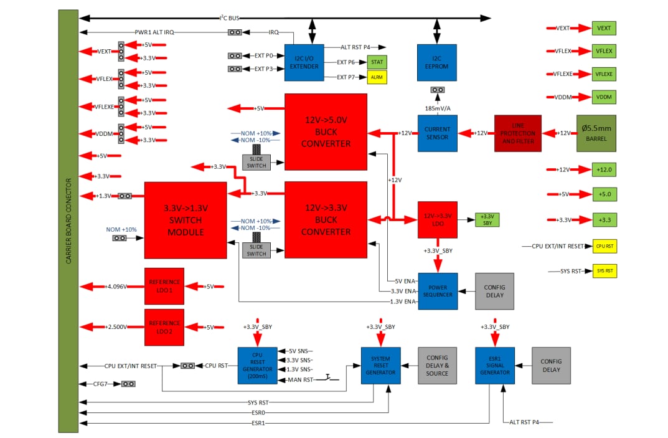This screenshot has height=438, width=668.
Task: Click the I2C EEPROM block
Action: [x=436, y=62]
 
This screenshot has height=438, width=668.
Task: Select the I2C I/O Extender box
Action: [x=304, y=62]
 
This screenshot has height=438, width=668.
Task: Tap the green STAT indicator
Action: [x=377, y=62]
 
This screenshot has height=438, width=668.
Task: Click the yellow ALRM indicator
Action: [x=377, y=77]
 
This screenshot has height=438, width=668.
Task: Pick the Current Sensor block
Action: [x=437, y=133]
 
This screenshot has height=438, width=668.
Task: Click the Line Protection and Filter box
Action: [x=517, y=133]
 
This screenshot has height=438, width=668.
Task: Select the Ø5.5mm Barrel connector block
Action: [x=596, y=133]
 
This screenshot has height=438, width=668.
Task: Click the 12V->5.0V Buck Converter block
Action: [x=326, y=132]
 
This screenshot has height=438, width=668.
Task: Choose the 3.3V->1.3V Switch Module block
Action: [x=186, y=220]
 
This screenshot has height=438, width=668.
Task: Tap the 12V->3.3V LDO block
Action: [x=437, y=219]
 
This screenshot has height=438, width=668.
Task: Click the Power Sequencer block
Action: [x=438, y=291]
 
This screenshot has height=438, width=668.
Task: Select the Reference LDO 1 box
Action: [x=164, y=286]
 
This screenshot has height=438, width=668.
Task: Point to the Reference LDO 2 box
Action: [x=164, y=327]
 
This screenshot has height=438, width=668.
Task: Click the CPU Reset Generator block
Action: [x=257, y=365]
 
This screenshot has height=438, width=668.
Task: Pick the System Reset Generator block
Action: [x=380, y=365]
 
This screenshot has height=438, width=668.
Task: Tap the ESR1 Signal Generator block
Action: [x=495, y=365]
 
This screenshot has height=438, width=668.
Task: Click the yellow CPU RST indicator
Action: [x=604, y=246]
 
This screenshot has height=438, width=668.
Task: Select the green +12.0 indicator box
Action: [x=604, y=169]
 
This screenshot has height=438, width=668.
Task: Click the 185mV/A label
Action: [x=438, y=108]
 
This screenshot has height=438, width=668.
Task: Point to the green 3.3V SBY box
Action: [x=487, y=219]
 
